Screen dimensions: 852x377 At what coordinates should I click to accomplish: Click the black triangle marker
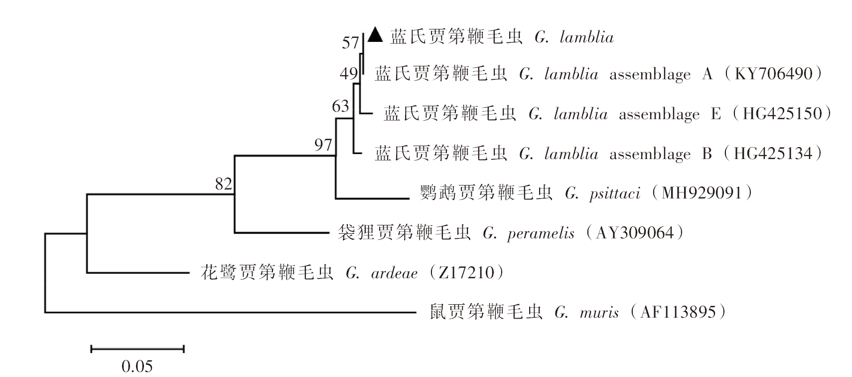coord(375,34)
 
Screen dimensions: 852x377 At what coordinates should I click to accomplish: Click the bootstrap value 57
coord(350,43)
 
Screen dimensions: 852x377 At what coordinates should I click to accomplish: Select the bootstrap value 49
coord(349,73)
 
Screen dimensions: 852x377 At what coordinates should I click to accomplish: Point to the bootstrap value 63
coord(340,106)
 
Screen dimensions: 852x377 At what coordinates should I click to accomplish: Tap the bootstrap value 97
coord(323,145)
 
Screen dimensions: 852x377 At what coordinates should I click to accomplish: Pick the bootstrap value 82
coord(224,185)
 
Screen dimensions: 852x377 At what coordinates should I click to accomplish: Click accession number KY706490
coord(774,73)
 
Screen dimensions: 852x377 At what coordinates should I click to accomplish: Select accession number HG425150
coord(782,114)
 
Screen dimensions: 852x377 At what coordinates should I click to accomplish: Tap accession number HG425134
coord(773,154)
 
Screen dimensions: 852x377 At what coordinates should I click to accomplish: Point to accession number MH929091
coord(702,193)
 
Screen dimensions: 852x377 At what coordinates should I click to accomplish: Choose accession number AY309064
coord(635,233)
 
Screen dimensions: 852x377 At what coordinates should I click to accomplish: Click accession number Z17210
coord(466,273)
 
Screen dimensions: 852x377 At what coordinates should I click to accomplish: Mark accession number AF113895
coord(678,312)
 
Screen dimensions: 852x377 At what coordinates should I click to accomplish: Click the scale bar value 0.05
coord(137,367)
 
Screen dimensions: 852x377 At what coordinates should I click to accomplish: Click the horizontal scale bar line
coord(138,349)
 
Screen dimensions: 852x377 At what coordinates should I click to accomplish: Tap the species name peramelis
coord(541,233)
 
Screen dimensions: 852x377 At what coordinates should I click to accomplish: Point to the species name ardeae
coord(394,273)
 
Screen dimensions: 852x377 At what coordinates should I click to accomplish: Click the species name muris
coord(599,313)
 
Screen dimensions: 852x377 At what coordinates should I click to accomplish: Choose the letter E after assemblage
coord(716,114)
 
